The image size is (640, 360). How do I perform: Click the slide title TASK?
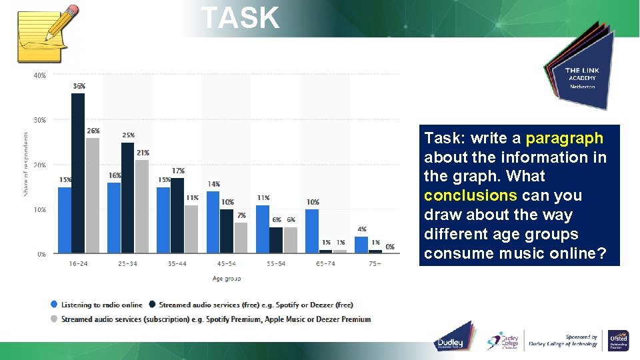click(240, 18)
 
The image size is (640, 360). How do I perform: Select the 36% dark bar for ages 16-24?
click(78, 173)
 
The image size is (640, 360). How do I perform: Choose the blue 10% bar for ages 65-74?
click(311, 231)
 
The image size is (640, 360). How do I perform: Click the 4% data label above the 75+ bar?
click(362, 229)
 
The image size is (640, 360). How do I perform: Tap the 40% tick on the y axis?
click(40, 76)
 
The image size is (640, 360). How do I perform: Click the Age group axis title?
click(227, 279)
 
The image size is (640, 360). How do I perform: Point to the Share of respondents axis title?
click(26, 164)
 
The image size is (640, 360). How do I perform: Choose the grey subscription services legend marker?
click(53, 319)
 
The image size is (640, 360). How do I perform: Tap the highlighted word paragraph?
click(564, 139)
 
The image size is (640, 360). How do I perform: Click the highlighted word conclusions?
click(469, 196)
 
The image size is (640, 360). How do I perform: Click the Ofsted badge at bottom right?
click(618, 341)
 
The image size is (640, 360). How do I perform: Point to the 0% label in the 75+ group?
click(390, 247)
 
